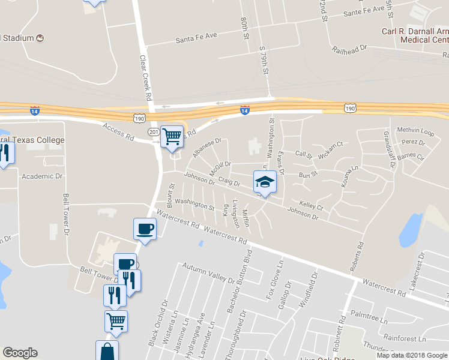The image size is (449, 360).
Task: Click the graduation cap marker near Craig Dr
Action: pyautogui.click(x=265, y=181)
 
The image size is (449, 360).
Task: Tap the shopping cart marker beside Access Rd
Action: pyautogui.click(x=172, y=136)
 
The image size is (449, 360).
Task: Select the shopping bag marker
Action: pyautogui.click(x=107, y=351)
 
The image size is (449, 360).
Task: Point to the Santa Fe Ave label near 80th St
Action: pyautogui.click(x=196, y=37)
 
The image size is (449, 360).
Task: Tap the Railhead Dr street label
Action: pyautogui.click(x=350, y=50)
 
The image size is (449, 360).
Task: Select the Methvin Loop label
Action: pyautogui.click(x=415, y=130)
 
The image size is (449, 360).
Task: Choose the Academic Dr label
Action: pyautogui.click(x=41, y=177)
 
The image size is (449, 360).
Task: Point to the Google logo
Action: pyautogui.click(x=20, y=353)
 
